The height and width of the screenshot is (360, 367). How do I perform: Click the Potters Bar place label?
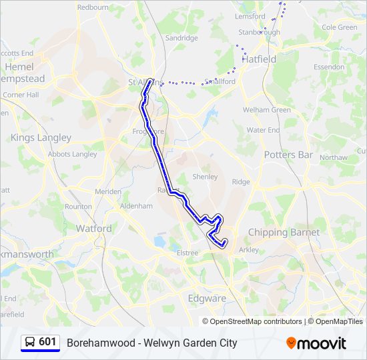pyautogui.click(x=288, y=155)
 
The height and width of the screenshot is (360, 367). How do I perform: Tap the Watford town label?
pyautogui.click(x=93, y=228)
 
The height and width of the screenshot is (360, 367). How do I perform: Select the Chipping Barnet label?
pyautogui.click(x=284, y=232)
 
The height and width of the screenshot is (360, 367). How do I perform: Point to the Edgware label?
pyautogui.click(x=207, y=298)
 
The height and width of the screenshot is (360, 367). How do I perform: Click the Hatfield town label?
pyautogui.click(x=258, y=59)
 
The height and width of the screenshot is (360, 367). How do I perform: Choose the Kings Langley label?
pyautogui.click(x=41, y=137)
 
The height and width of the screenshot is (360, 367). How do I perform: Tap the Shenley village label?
pyautogui.click(x=205, y=177)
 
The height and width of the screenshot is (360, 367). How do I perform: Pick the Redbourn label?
pyautogui.click(x=93, y=7)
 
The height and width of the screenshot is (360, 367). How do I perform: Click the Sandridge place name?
pyautogui.click(x=181, y=38)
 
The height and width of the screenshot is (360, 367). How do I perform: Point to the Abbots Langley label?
pyautogui.click(x=72, y=154)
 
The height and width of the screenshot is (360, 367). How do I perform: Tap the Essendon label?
pyautogui.click(x=329, y=67)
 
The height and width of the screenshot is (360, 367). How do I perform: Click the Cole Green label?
pyautogui.click(x=340, y=27)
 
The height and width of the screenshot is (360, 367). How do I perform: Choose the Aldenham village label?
pyautogui.click(x=136, y=207)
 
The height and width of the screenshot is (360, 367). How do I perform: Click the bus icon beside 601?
pyautogui.click(x=30, y=343)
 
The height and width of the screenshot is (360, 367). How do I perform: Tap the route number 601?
pyautogui.click(x=47, y=342)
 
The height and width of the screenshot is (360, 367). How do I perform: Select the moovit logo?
pyautogui.click(x=316, y=343)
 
